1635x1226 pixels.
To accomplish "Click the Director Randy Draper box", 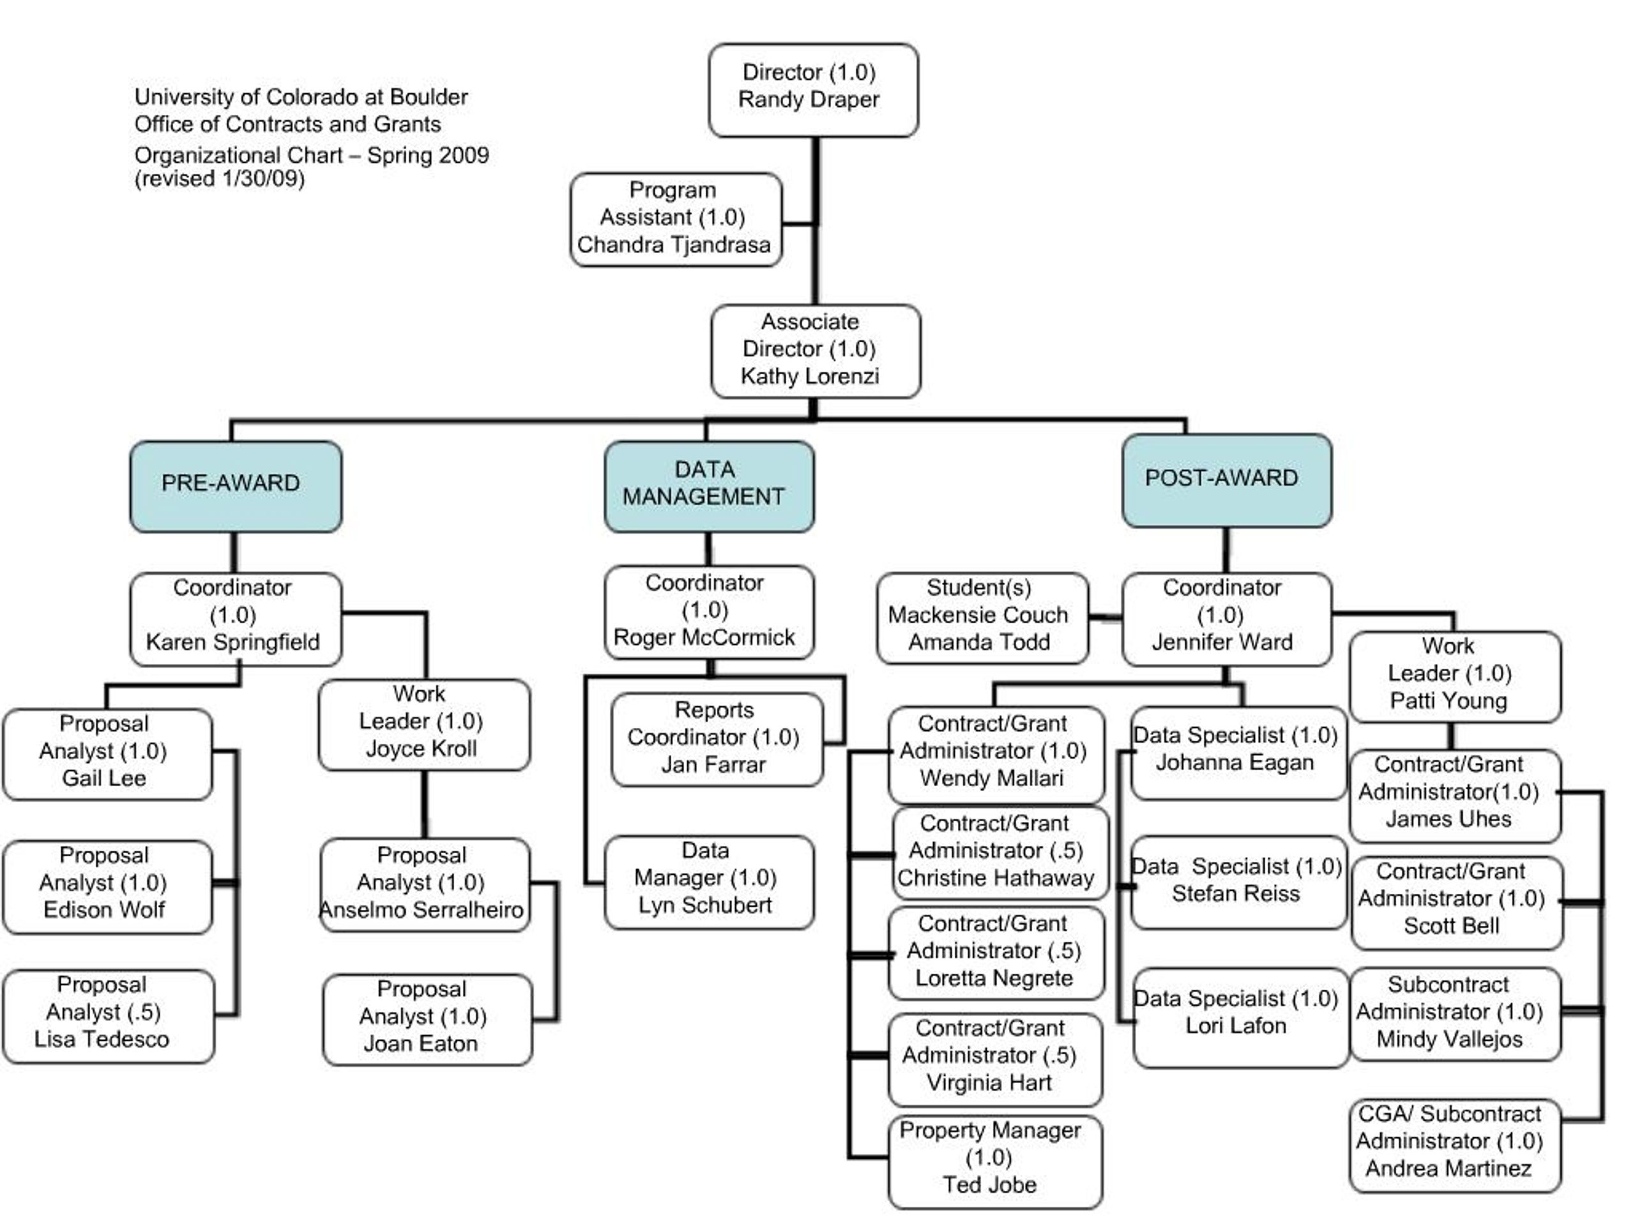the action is [x=813, y=90].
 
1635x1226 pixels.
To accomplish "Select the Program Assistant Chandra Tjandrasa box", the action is [x=676, y=220].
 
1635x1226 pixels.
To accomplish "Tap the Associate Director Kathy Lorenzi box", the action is [x=816, y=351].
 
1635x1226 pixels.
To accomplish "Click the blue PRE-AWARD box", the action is [x=236, y=487].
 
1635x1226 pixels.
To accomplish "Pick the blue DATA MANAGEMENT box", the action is [x=709, y=487].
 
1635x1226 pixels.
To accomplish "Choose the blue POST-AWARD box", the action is [x=1227, y=480].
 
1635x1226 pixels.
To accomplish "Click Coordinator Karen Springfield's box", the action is [x=236, y=619].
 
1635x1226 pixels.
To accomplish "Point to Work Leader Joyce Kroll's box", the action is [x=424, y=725].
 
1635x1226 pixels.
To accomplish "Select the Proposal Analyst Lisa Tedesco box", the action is [x=109, y=1016].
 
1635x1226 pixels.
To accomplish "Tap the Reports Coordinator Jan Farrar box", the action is [x=717, y=739].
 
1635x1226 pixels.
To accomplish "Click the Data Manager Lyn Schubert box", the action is [x=709, y=882].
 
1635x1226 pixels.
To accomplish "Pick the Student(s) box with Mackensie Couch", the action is [x=982, y=618].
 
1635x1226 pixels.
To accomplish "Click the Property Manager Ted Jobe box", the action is [x=995, y=1162].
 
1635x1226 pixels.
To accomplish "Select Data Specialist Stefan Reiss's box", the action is [x=1239, y=882].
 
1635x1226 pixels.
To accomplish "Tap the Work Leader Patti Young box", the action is [x=1456, y=677].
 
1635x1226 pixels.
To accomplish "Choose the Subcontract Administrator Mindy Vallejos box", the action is [x=1456, y=1014].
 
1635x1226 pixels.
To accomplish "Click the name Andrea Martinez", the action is [x=1448, y=1169].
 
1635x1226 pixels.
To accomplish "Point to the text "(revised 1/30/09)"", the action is [x=220, y=179].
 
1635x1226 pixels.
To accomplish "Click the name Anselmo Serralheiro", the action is [x=422, y=910].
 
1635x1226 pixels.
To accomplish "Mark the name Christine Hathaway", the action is [x=995, y=878].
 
